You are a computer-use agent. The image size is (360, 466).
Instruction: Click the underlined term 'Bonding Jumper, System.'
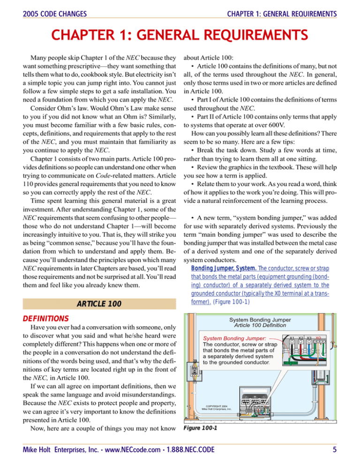click(219, 270)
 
